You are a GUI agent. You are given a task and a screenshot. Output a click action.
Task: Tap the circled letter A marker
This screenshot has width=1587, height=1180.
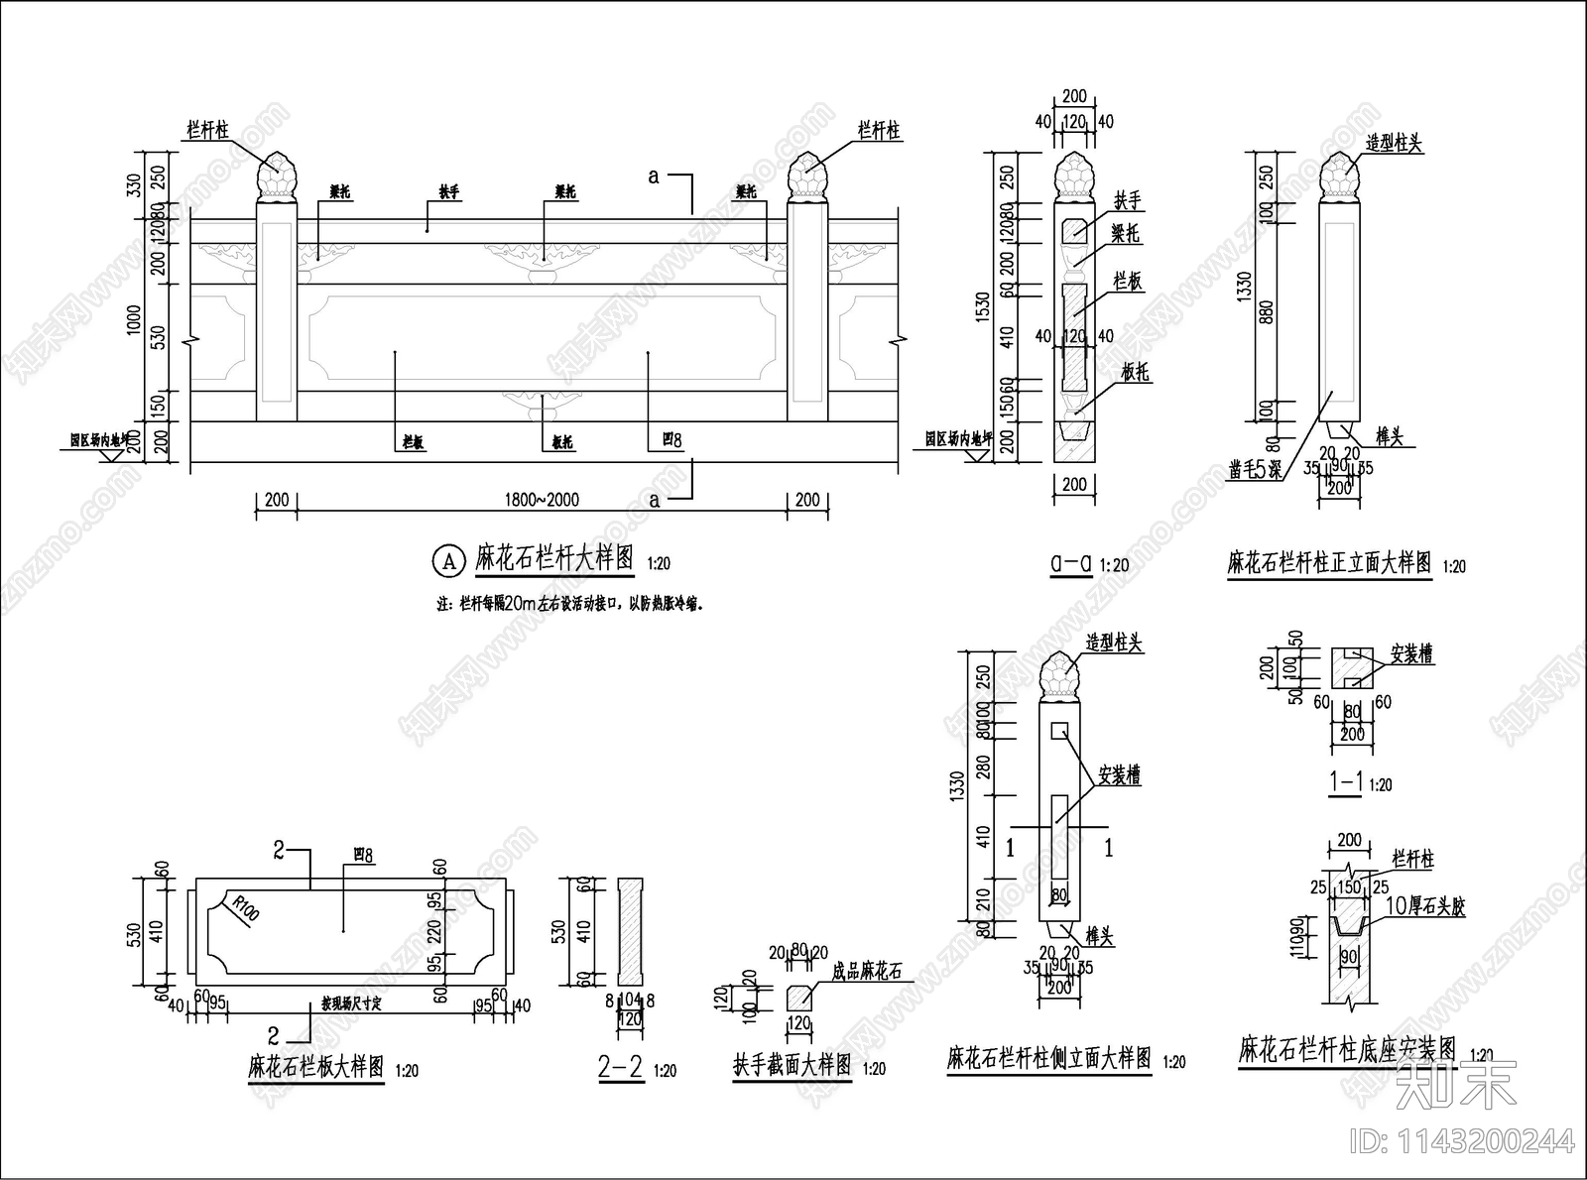pos(448,561)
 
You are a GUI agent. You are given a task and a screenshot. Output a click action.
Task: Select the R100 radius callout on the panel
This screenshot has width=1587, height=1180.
pos(243,907)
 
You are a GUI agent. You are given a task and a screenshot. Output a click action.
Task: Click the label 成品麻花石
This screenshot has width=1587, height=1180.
pos(868,972)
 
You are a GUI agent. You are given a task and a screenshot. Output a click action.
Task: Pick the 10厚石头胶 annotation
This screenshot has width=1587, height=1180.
pos(1423,905)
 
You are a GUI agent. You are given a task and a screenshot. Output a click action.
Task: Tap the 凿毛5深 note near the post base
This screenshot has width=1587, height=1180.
pos(1255,469)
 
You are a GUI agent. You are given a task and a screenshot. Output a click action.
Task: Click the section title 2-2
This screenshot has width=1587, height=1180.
pos(621,1067)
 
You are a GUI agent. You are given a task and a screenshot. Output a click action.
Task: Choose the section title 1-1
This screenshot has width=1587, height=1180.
pos(1346,781)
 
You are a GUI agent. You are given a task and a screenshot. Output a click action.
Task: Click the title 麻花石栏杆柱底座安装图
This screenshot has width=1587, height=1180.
pos(1347,1049)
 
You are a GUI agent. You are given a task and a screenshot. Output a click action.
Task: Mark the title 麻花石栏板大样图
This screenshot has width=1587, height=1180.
pos(315,1067)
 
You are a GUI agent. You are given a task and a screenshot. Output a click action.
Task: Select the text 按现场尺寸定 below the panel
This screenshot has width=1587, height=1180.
pos(350,1003)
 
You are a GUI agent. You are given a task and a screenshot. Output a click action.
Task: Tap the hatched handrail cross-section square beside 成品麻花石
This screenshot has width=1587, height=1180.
pos(798,996)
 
